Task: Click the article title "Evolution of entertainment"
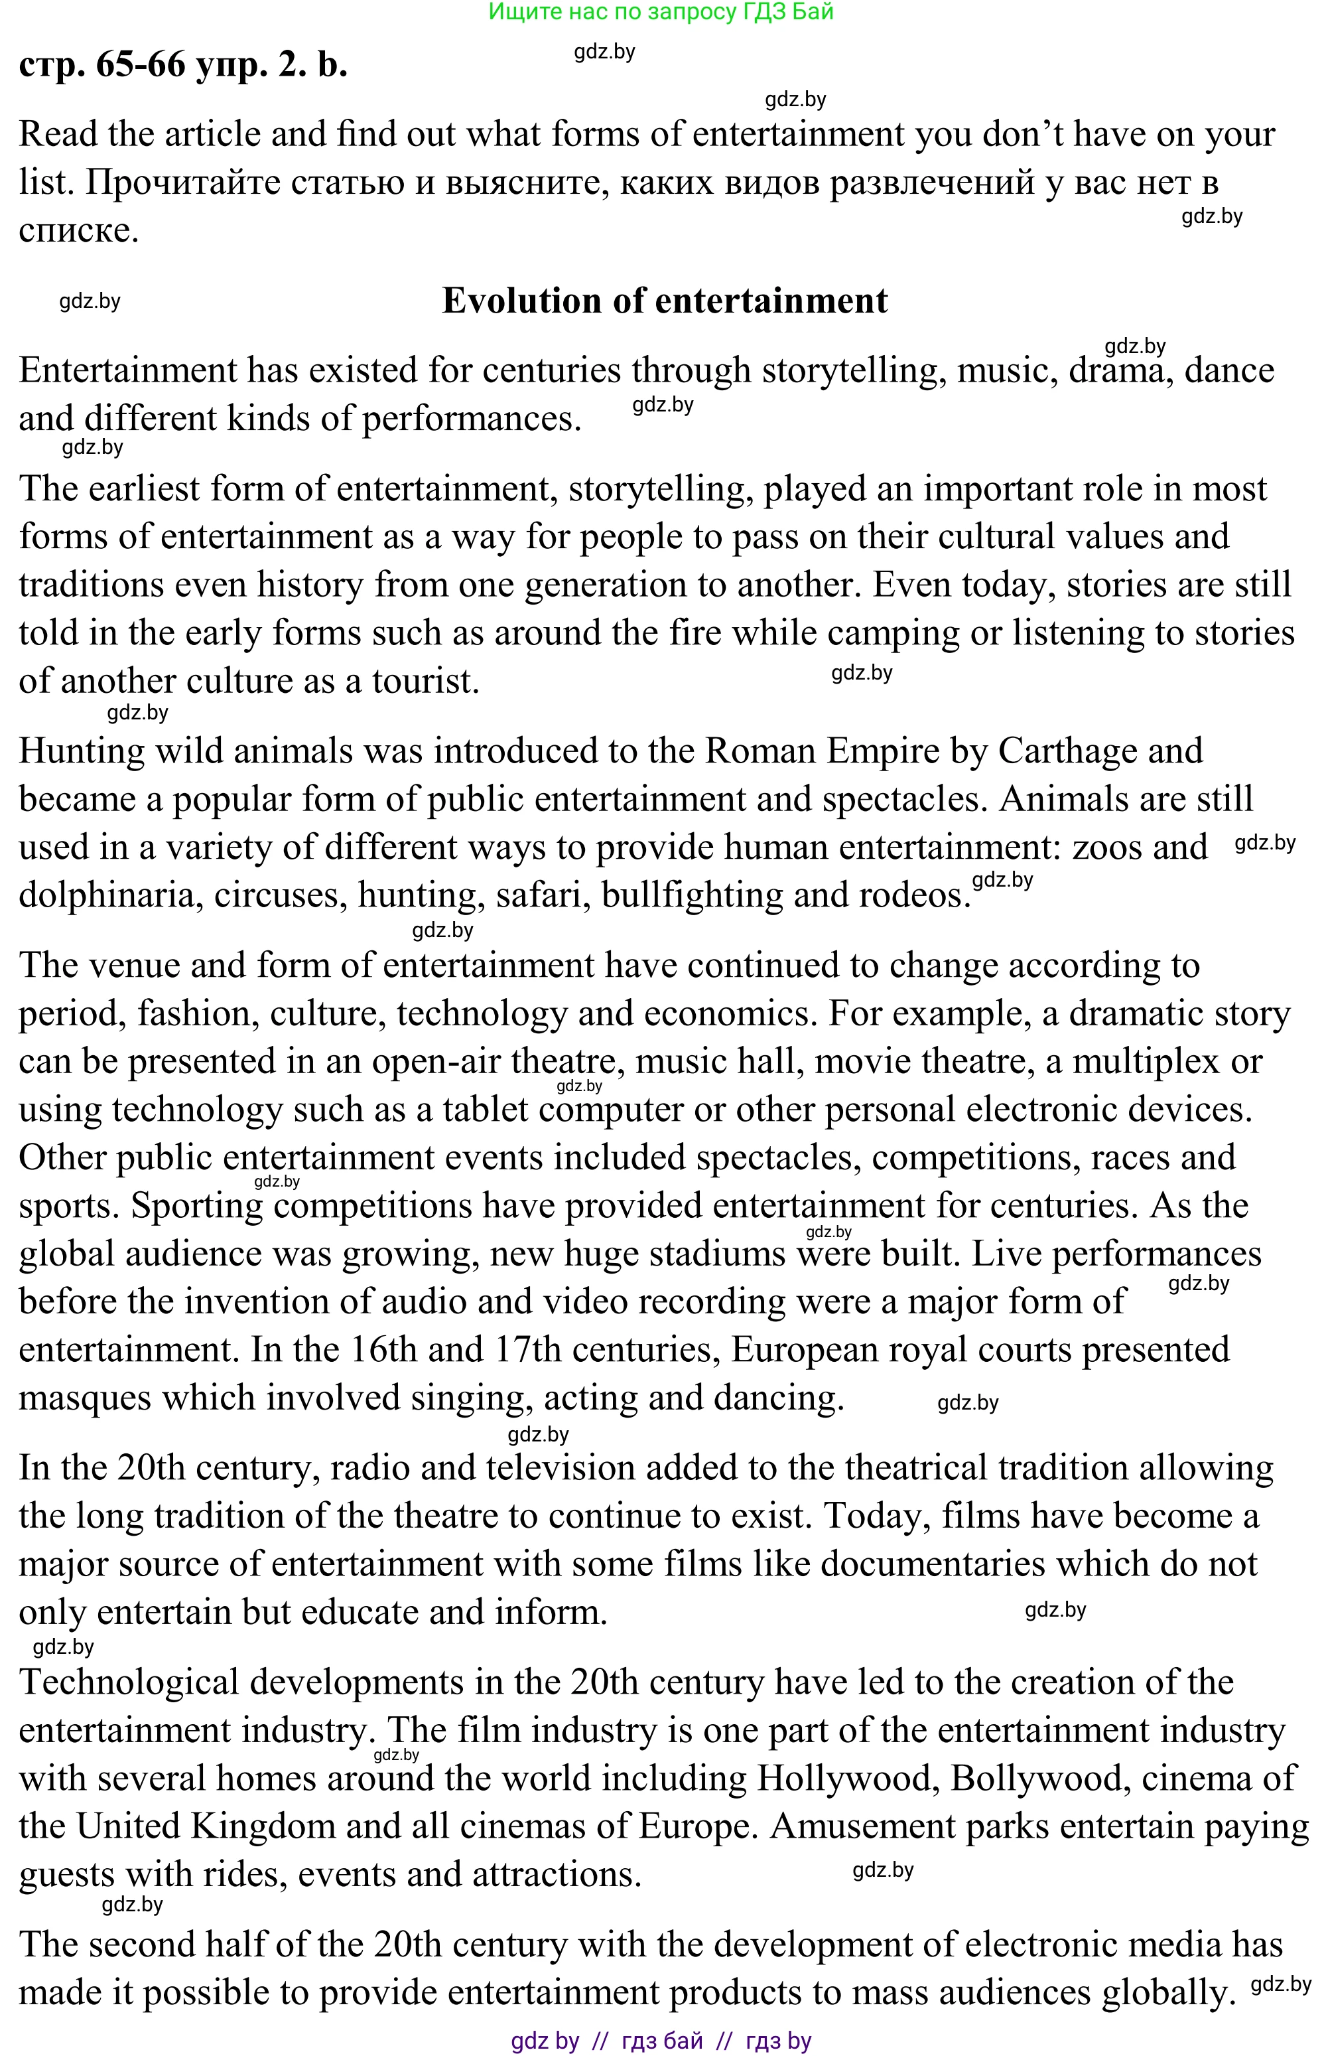pos(664,301)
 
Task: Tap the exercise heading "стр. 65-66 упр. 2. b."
pos(183,64)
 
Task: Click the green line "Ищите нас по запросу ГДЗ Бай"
pos(660,12)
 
